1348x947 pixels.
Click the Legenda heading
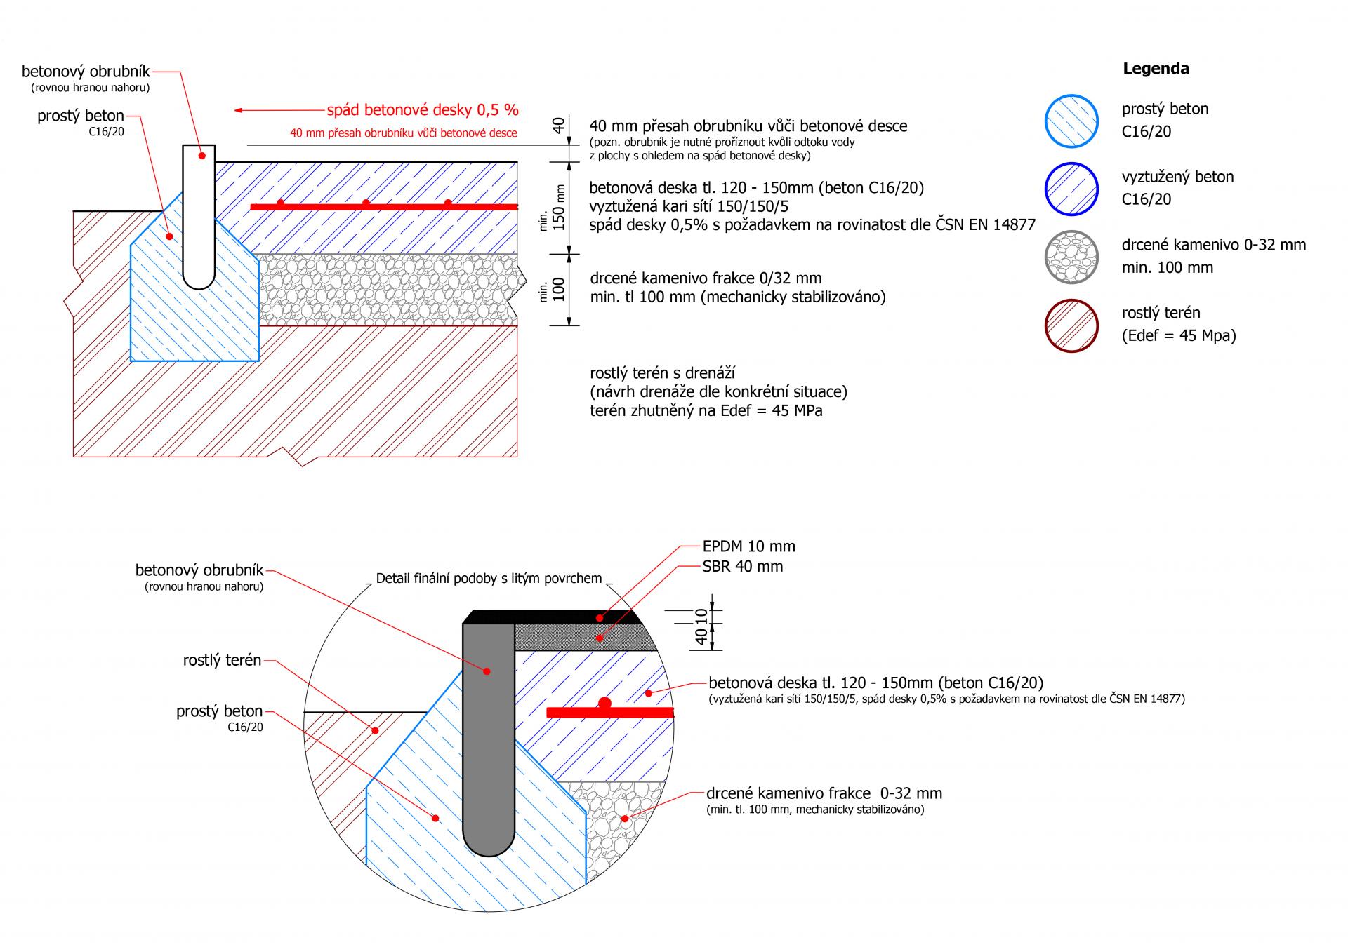(1156, 69)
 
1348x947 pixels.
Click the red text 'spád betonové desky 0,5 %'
(423, 110)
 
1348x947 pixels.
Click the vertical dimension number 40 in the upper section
(558, 126)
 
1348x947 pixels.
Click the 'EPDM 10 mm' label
(748, 546)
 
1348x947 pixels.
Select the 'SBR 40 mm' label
(742, 566)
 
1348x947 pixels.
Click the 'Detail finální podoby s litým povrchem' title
(489, 579)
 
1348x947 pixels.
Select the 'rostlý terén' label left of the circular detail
(222, 660)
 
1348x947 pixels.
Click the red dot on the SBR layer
(599, 638)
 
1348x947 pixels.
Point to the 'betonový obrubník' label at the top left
(86, 72)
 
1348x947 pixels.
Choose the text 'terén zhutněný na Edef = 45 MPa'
(706, 411)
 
